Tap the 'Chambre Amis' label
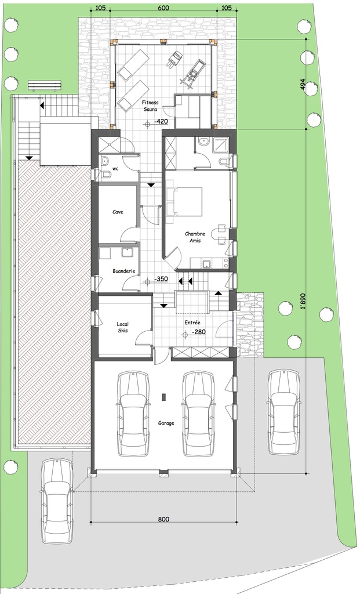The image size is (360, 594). tap(195, 237)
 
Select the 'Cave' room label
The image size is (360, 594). tap(117, 212)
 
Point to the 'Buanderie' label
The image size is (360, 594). tap(124, 270)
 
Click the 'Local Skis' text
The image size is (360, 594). tap(122, 327)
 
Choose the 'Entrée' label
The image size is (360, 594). tap(193, 322)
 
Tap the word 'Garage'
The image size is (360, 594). tap(166, 423)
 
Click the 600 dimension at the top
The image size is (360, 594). tap(163, 9)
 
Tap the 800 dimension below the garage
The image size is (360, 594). tap(163, 519)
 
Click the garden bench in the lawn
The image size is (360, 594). tap(45, 86)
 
